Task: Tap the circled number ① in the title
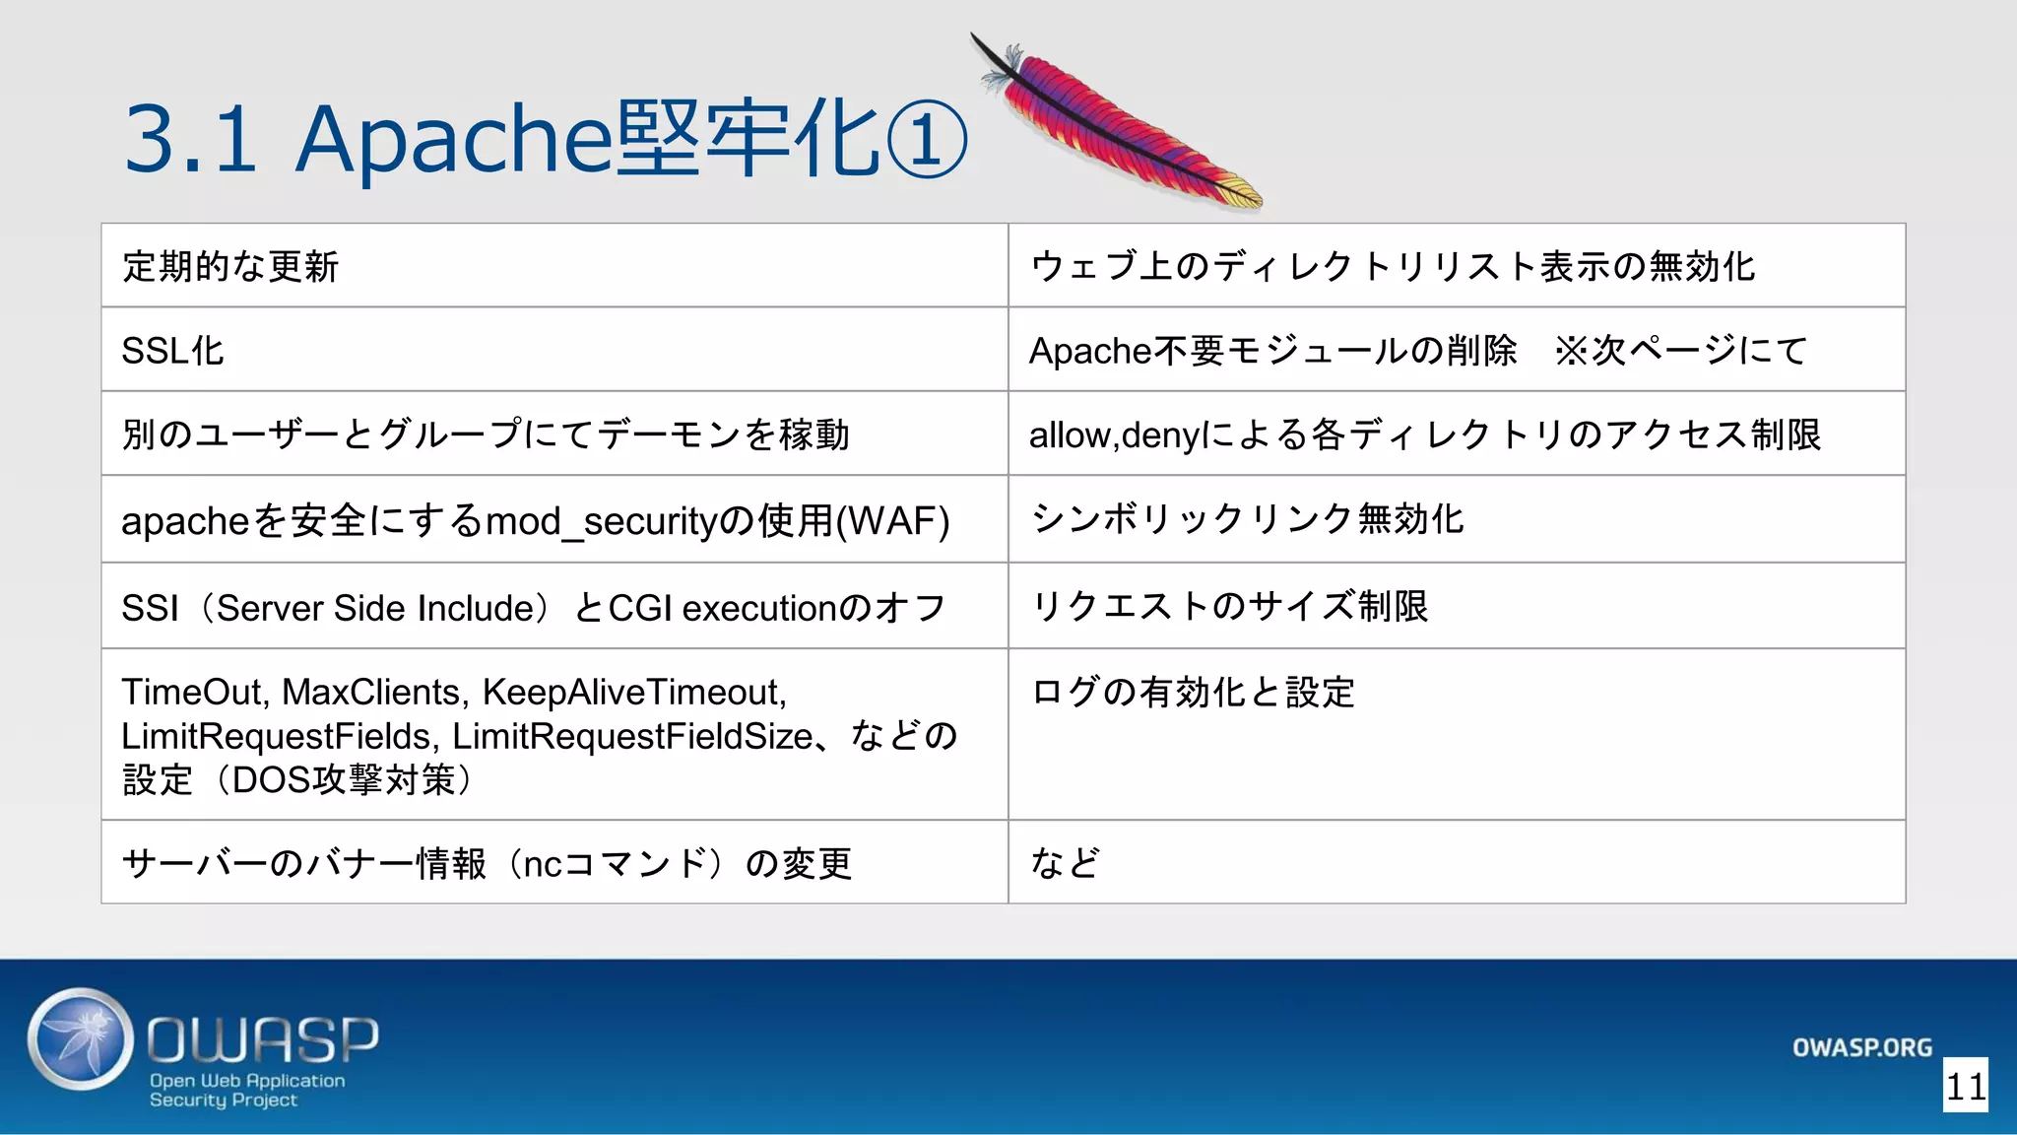point(927,140)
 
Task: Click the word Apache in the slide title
point(453,140)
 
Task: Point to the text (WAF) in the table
point(892,521)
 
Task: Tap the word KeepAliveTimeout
point(631,692)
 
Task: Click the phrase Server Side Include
point(374,608)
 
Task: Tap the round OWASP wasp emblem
point(80,1039)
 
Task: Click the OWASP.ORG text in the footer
point(1861,1047)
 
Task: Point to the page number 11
point(1965,1086)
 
